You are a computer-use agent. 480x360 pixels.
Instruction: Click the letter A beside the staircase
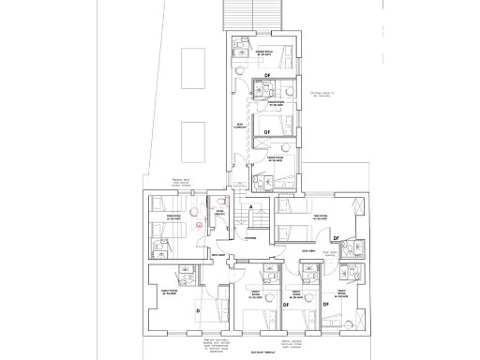[250, 207]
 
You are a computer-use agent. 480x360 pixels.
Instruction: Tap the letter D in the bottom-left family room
[197, 309]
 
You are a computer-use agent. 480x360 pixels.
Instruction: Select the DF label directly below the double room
[267, 74]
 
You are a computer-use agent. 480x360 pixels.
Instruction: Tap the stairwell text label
[250, 238]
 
